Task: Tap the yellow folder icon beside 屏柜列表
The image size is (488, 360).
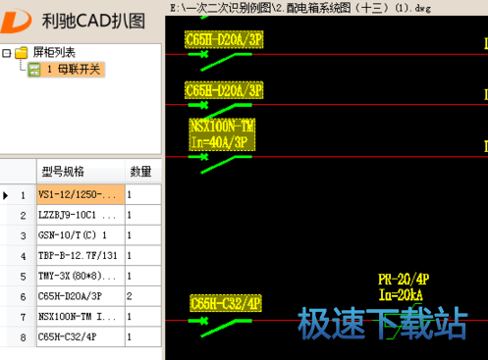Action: coord(22,52)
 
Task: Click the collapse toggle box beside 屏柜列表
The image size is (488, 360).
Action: coord(7,52)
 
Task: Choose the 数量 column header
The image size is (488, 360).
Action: coord(141,171)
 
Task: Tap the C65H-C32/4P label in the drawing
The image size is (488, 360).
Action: coord(225,304)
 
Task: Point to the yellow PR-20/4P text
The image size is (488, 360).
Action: coord(404,280)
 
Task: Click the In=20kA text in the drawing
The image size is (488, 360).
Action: coord(402,294)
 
